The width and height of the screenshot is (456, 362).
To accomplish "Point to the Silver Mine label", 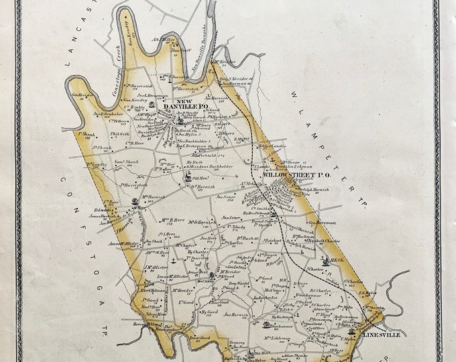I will [x=156, y=313].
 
